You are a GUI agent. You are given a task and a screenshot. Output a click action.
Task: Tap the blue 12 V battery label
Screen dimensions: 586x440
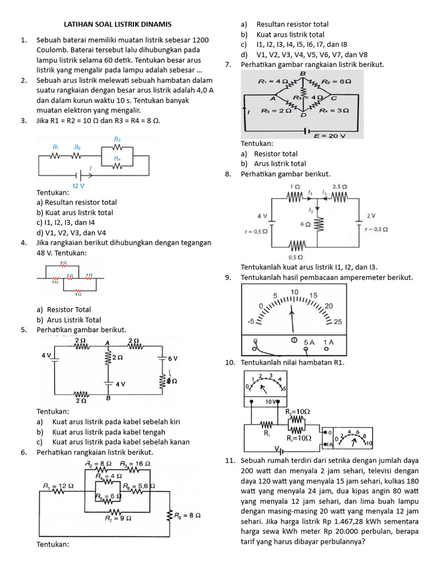(x=79, y=186)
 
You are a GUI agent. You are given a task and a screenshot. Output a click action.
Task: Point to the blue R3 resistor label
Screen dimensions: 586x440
(x=117, y=139)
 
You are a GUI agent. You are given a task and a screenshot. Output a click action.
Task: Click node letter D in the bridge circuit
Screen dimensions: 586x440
(x=302, y=116)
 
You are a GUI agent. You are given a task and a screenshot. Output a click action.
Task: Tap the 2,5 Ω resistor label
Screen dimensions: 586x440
(x=340, y=187)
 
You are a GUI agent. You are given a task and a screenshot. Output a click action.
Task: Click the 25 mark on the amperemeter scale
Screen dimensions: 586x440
(x=337, y=322)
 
